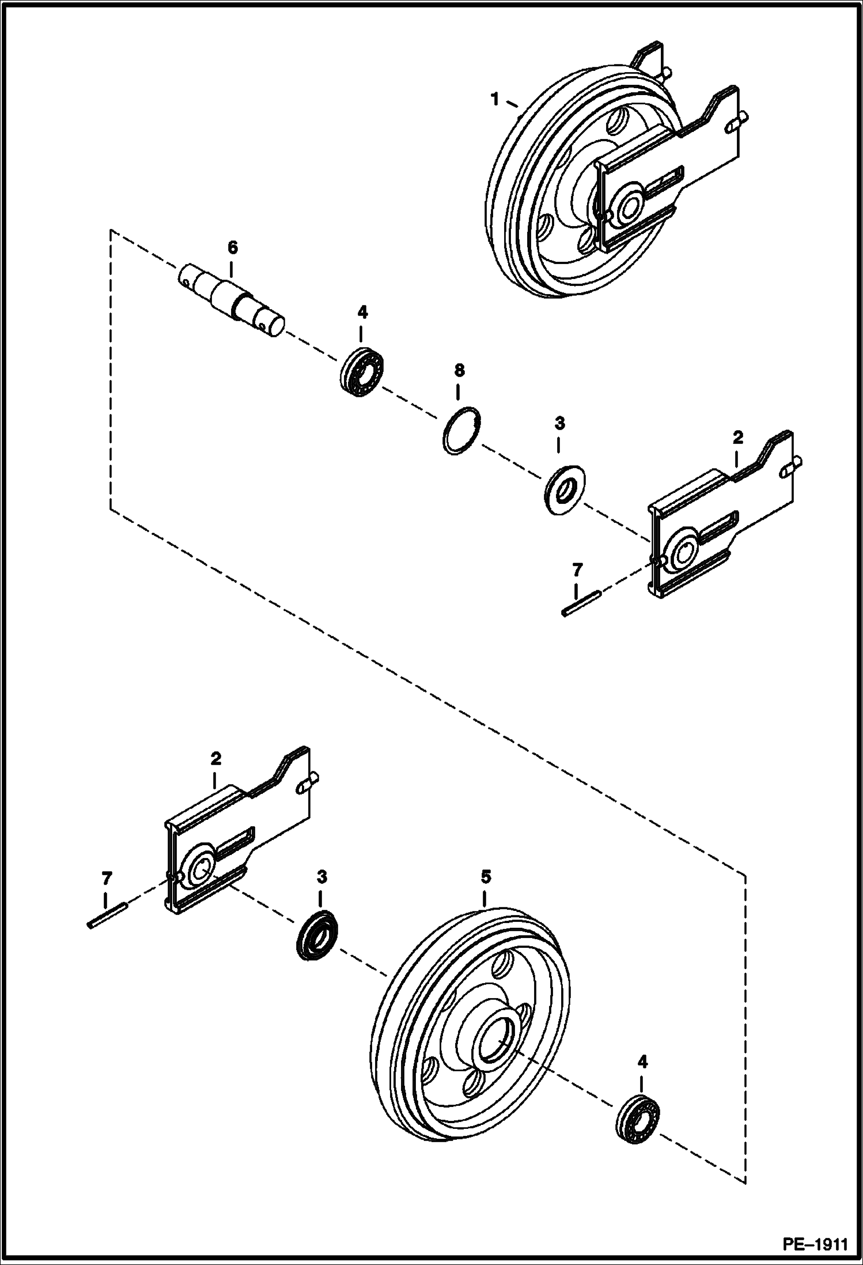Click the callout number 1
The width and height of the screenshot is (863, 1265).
click(x=494, y=99)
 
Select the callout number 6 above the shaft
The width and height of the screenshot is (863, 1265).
click(x=232, y=248)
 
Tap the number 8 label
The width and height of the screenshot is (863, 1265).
click(x=459, y=370)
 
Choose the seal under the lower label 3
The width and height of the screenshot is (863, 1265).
click(x=317, y=944)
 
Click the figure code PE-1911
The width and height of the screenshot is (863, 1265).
click(x=815, y=1242)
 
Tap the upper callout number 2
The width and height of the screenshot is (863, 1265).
click(x=738, y=438)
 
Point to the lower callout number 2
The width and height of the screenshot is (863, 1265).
click(x=215, y=758)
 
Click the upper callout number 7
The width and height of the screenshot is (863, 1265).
click(x=577, y=570)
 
